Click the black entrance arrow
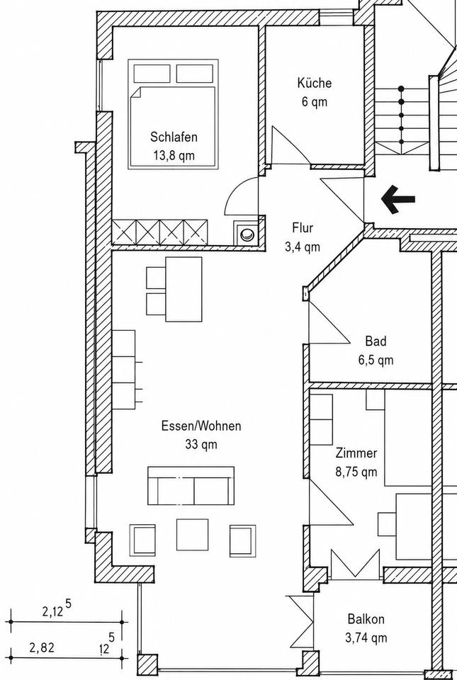click(397, 200)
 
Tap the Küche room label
click(315, 82)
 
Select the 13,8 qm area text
click(174, 155)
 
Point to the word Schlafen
click(174, 137)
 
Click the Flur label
click(303, 227)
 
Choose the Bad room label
click(376, 341)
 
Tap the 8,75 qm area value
click(356, 472)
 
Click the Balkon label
click(366, 619)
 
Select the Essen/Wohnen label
click(201, 426)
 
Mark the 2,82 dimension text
click(42, 648)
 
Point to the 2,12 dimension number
click(53, 612)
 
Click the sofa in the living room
click(191, 486)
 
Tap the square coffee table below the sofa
click(192, 535)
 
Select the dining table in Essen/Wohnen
click(184, 289)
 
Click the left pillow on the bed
click(152, 73)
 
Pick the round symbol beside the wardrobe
click(247, 234)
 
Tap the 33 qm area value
click(201, 445)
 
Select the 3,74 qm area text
click(366, 637)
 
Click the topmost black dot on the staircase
click(402, 89)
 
